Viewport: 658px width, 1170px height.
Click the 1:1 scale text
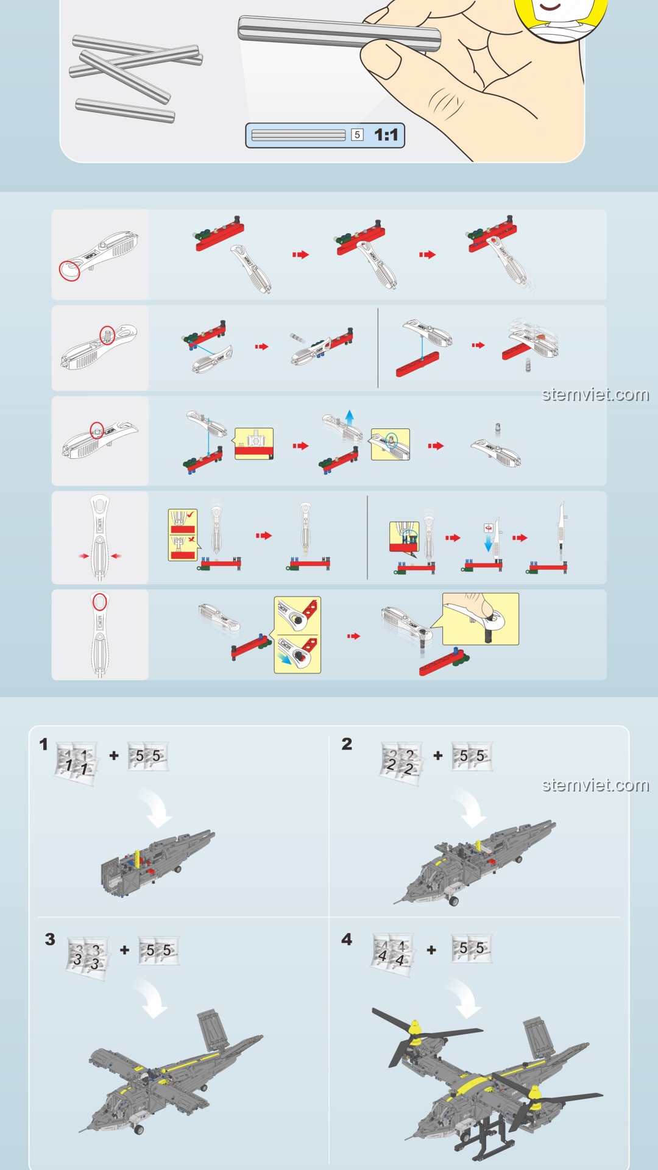[x=386, y=135]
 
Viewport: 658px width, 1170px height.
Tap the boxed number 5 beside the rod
[x=358, y=135]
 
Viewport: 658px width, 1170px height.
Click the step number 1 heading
[x=43, y=744]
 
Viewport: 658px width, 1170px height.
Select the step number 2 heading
[x=347, y=744]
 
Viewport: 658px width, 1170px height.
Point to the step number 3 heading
[x=50, y=940]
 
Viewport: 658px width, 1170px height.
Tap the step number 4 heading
[x=347, y=940]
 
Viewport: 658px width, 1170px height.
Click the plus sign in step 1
[x=114, y=756]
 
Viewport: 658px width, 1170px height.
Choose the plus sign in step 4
[x=431, y=950]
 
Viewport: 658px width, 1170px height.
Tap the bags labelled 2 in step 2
[x=402, y=763]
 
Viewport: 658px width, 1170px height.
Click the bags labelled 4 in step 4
[x=393, y=954]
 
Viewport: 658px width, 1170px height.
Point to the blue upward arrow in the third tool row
[x=349, y=417]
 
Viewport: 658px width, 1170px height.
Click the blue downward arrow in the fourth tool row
[x=488, y=543]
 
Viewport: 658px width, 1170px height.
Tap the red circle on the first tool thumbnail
[x=69, y=270]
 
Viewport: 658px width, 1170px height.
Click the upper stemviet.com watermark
[x=595, y=395]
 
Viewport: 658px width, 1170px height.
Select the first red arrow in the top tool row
[x=300, y=255]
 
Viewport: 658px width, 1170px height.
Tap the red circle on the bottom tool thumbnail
[x=100, y=603]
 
